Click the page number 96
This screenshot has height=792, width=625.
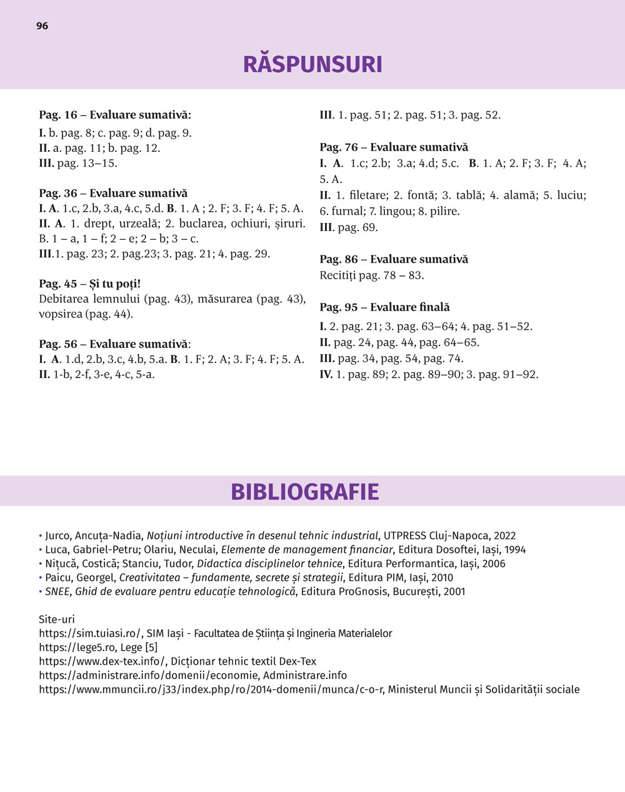42,26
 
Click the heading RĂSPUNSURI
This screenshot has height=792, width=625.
312,64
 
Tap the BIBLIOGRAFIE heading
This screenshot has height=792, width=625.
305,492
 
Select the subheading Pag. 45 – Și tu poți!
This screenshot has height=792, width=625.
89,284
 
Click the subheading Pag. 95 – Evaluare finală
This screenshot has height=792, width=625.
384,307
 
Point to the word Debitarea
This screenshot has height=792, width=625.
64,299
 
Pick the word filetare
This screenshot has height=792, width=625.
369,195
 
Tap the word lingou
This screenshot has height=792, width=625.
393,211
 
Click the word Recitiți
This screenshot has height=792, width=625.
338,275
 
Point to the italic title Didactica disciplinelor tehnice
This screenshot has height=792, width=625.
269,563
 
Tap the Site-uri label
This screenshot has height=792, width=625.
56,620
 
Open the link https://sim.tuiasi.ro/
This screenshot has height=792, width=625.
90,633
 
